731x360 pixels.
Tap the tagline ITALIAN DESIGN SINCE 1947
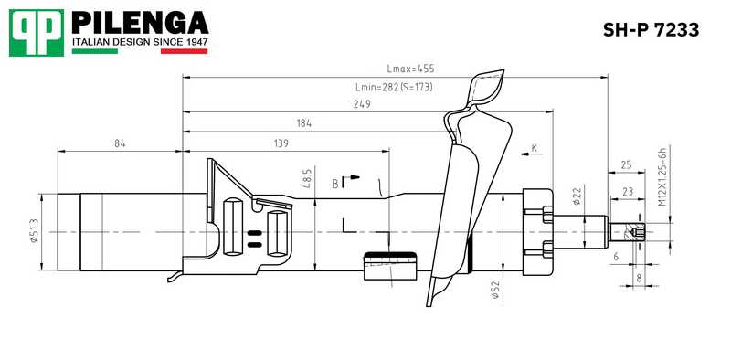(140, 43)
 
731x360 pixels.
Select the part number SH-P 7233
(650, 30)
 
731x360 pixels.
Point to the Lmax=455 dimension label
(412, 69)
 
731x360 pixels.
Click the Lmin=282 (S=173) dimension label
(393, 87)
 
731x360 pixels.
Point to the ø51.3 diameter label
(35, 232)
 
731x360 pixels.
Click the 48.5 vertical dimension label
(308, 179)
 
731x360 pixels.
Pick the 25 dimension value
(626, 165)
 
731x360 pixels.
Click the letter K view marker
(535, 147)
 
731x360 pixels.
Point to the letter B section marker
(335, 184)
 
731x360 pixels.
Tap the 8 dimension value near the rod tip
(638, 277)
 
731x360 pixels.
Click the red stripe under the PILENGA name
(185, 51)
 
